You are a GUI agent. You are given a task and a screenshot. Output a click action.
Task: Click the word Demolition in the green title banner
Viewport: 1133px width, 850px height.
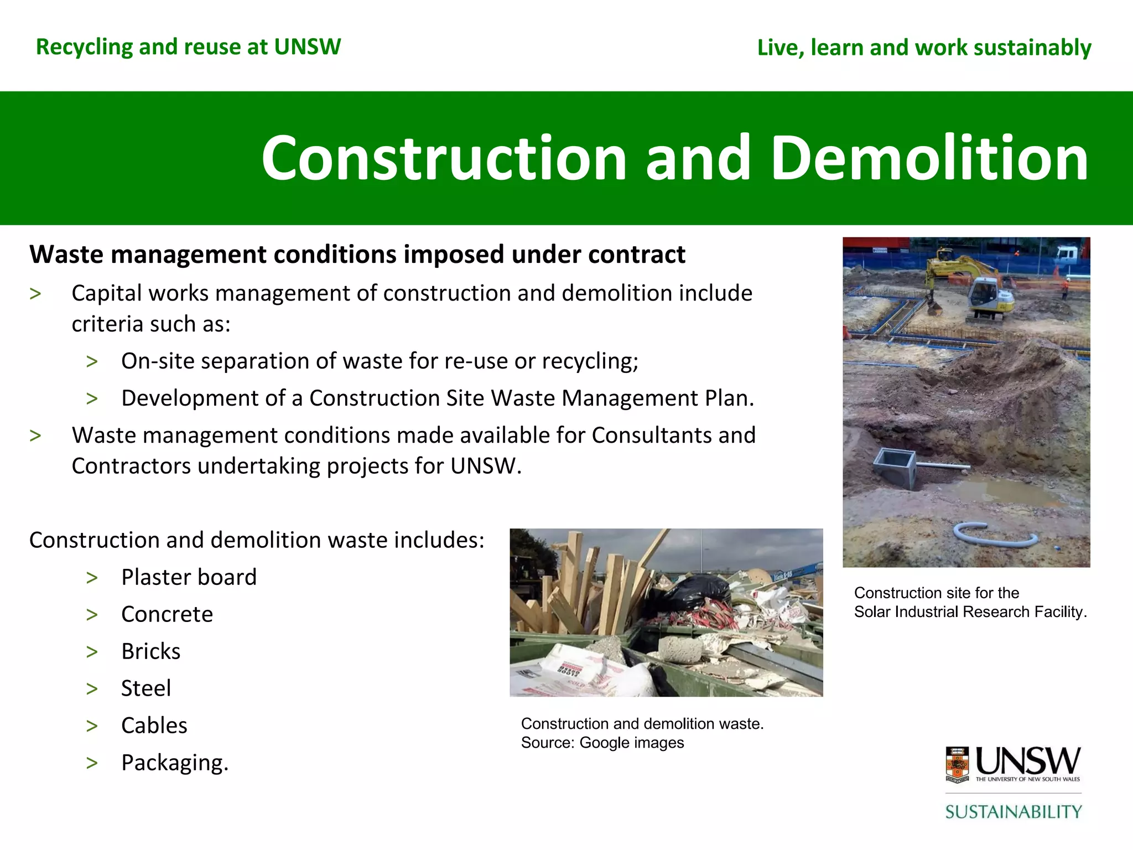coord(929,159)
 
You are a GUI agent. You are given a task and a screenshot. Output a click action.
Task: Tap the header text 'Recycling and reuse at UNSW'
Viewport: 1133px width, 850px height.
coord(188,47)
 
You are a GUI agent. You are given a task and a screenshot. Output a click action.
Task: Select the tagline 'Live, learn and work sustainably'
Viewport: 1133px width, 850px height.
coord(924,48)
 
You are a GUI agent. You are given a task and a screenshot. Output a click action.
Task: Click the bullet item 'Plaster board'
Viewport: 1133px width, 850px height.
coord(189,577)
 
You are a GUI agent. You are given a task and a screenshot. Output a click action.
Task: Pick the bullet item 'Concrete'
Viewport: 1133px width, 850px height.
coord(167,614)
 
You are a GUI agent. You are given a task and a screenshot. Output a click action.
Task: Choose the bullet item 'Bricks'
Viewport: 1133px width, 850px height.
coord(150,651)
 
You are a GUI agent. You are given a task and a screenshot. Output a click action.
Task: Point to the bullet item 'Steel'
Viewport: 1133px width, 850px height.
coord(146,688)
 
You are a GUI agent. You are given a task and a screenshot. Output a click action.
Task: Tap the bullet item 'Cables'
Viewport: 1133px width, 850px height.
coord(154,725)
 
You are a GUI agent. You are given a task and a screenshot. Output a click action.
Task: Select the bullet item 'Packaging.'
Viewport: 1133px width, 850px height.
coord(175,763)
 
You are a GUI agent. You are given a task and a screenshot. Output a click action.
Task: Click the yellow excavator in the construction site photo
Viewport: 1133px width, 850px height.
coord(974,288)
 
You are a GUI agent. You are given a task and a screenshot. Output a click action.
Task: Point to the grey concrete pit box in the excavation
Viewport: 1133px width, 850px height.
coord(895,468)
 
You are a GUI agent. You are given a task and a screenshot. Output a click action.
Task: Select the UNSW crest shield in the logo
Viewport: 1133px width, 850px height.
coord(957,764)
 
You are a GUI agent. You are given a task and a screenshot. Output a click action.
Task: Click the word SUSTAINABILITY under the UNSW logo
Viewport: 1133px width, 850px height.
coord(1014,812)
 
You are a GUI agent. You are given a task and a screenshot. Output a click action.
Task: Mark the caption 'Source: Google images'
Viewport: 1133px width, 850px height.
coord(602,743)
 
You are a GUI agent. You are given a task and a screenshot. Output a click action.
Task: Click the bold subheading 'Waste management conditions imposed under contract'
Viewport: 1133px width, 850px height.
coord(357,255)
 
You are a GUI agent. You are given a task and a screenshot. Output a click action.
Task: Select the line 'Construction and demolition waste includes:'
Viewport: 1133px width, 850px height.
coord(257,540)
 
